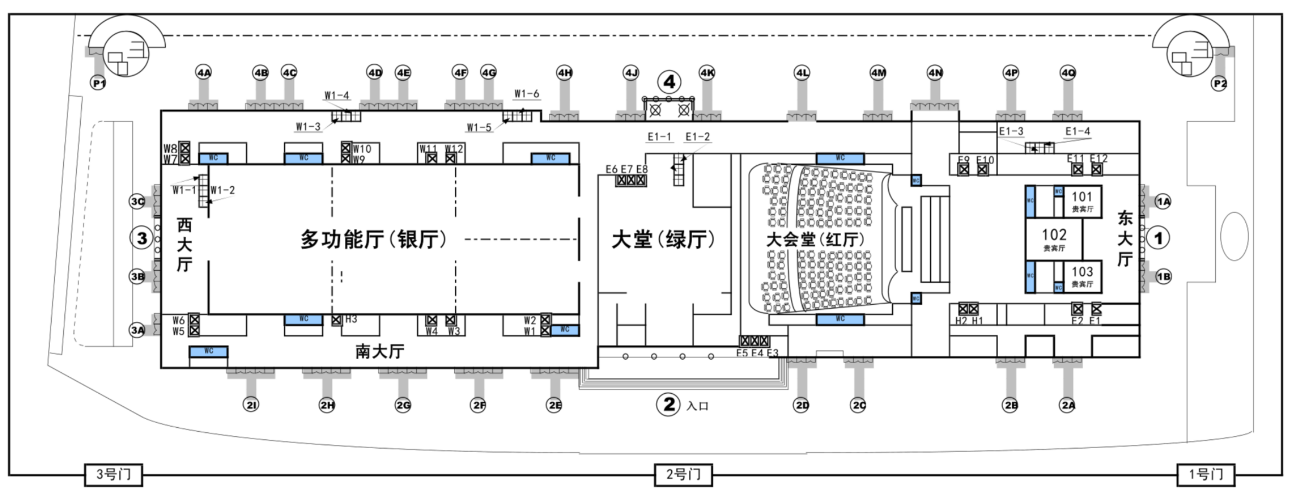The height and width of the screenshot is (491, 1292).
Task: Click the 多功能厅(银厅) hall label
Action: tap(374, 239)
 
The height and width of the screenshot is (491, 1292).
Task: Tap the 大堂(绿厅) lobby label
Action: tap(663, 239)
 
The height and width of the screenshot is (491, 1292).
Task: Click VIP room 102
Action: tap(1054, 238)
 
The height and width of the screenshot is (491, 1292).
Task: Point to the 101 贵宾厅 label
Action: tap(1082, 201)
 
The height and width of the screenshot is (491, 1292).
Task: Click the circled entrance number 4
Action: tap(669, 82)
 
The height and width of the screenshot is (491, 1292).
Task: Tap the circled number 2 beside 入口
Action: tap(669, 405)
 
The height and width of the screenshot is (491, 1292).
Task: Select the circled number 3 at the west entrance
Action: tap(142, 238)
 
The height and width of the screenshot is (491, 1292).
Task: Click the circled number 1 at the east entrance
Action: tap(1159, 238)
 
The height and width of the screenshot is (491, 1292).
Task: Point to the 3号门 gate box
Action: tap(113, 475)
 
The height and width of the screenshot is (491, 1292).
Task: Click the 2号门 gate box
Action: tap(683, 475)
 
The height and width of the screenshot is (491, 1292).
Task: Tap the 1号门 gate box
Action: tap(1205, 475)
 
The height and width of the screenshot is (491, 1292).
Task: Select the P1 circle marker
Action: tap(98, 83)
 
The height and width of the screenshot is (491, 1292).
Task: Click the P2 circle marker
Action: tap(1219, 83)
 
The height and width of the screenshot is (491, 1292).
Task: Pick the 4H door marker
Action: tap(565, 72)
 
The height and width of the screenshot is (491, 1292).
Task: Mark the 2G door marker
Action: tap(403, 405)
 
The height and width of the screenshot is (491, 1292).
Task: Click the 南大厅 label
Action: tap(380, 351)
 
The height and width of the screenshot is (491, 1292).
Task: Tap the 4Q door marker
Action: tap(1068, 72)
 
